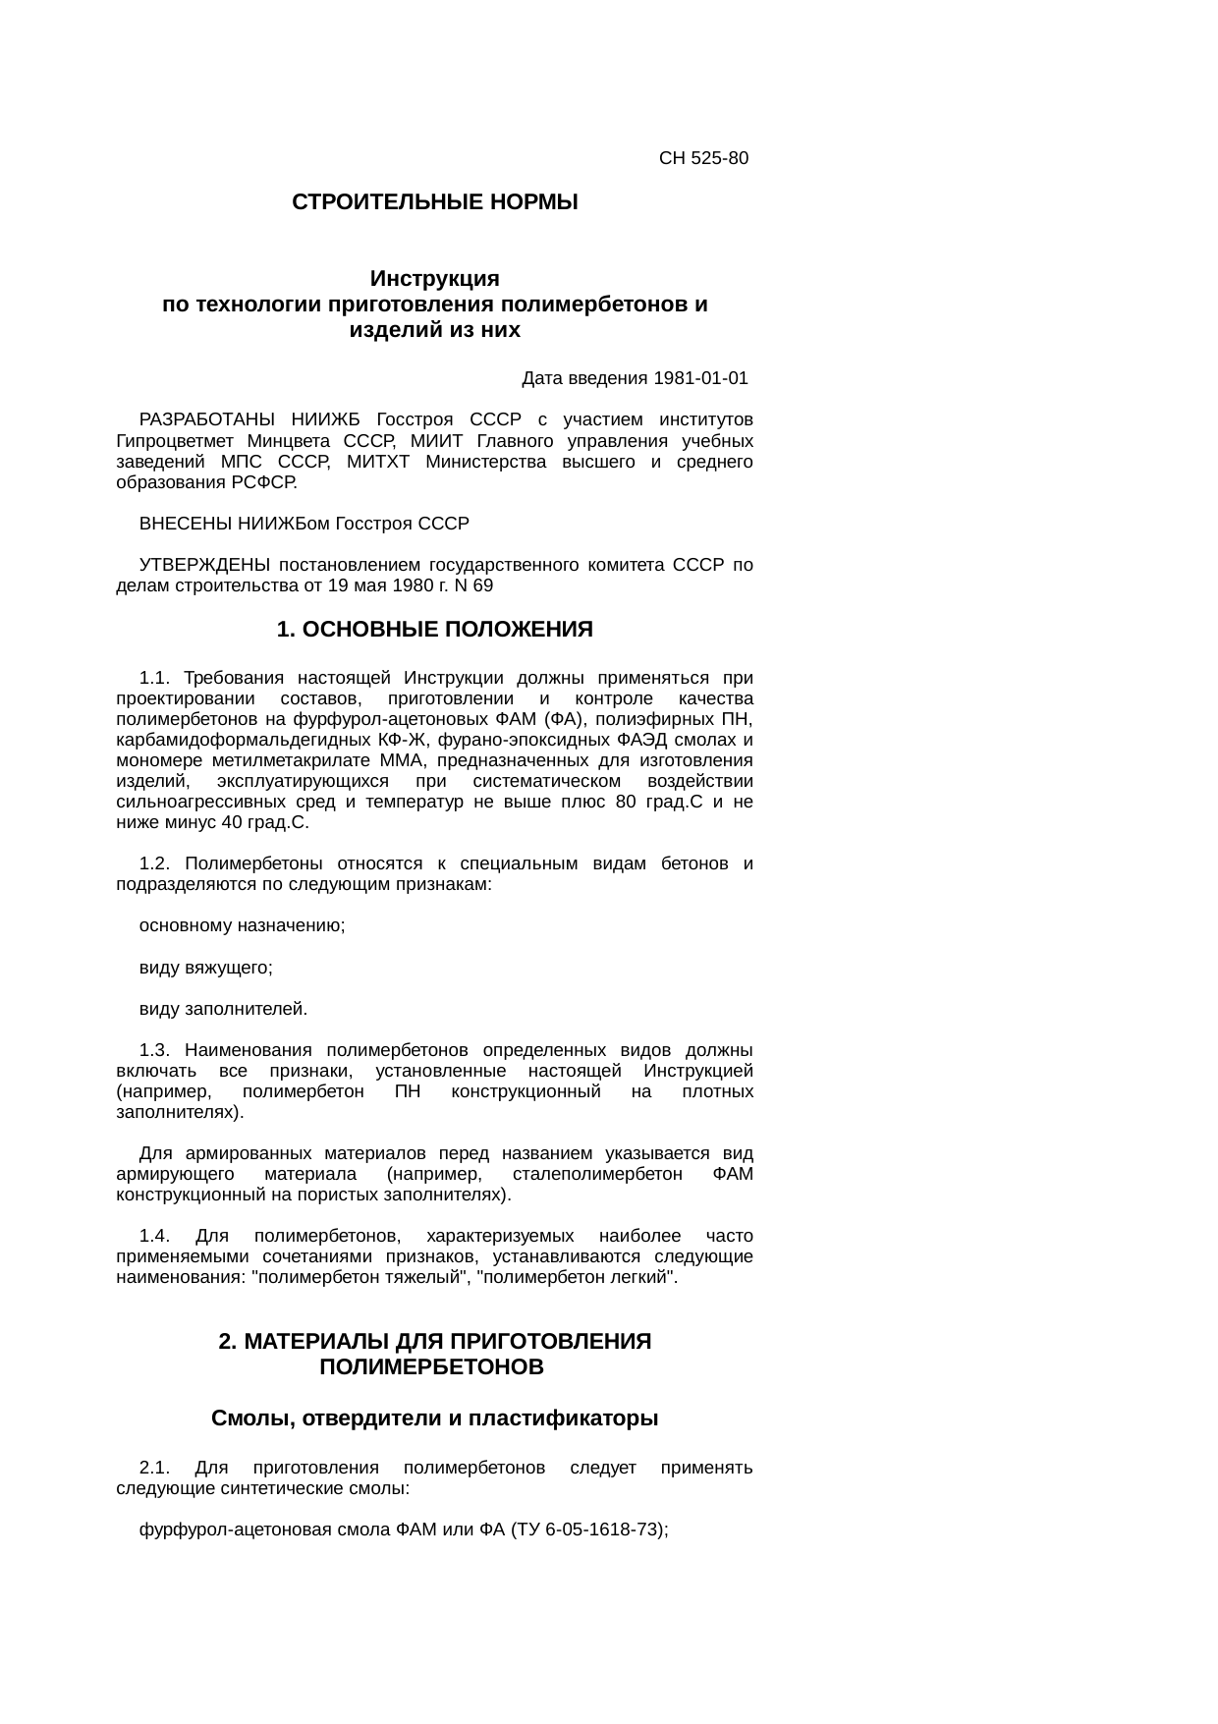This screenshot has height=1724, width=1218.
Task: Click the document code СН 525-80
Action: (x=703, y=158)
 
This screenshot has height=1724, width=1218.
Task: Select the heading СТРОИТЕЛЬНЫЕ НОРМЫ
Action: (x=434, y=203)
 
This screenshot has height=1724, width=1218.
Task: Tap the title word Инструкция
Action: (x=434, y=278)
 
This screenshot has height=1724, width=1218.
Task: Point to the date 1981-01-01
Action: (x=700, y=378)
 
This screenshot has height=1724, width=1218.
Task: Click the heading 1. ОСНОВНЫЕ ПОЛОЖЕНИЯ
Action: (x=434, y=630)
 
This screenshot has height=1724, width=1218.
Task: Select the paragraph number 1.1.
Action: (x=154, y=678)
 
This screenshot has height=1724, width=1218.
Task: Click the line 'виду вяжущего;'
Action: (x=205, y=968)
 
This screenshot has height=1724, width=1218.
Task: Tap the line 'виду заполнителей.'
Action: (x=223, y=1009)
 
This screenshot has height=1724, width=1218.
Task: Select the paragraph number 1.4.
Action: (x=154, y=1236)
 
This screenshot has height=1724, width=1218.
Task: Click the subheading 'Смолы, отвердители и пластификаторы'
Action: (x=434, y=1419)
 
